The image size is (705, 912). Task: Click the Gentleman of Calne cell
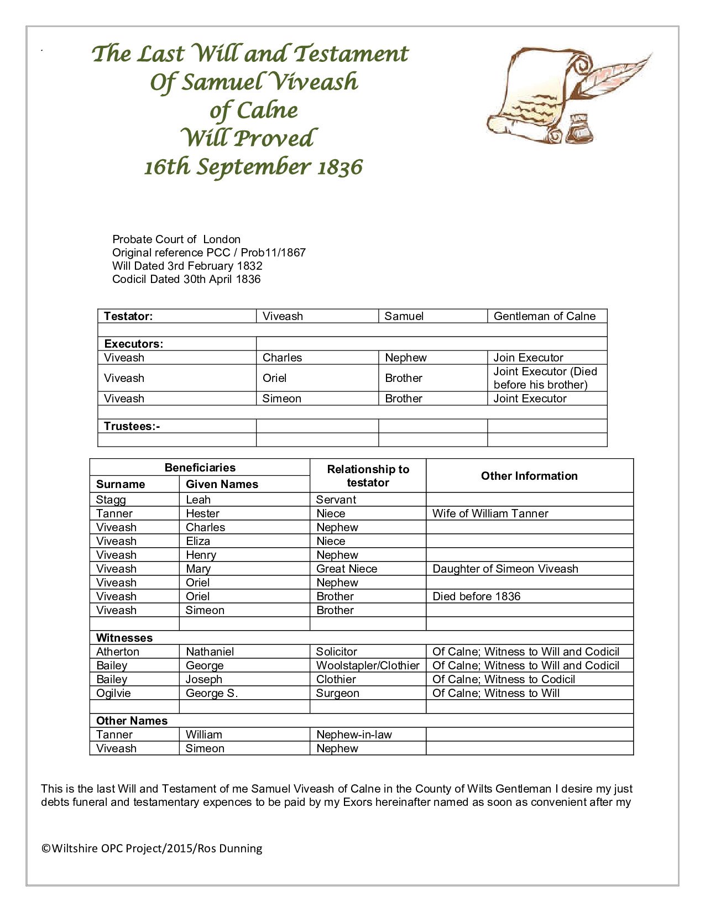tap(545, 316)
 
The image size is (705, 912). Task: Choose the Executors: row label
tap(133, 344)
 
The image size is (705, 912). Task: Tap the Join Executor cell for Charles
tap(528, 358)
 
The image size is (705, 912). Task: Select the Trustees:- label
tap(132, 426)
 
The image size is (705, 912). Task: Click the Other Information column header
tap(529, 476)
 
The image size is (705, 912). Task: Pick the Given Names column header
tap(222, 484)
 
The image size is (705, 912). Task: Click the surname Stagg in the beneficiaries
tap(111, 500)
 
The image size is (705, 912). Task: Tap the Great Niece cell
tap(347, 569)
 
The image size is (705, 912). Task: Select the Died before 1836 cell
tap(477, 596)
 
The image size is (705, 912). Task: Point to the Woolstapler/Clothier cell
tap(368, 665)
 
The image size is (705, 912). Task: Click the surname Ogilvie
tap(113, 693)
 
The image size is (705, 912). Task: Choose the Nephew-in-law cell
tap(354, 735)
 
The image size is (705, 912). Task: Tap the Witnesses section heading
tap(124, 638)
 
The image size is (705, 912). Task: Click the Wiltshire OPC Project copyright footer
tap(152, 848)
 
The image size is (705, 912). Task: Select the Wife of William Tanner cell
tap(490, 513)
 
